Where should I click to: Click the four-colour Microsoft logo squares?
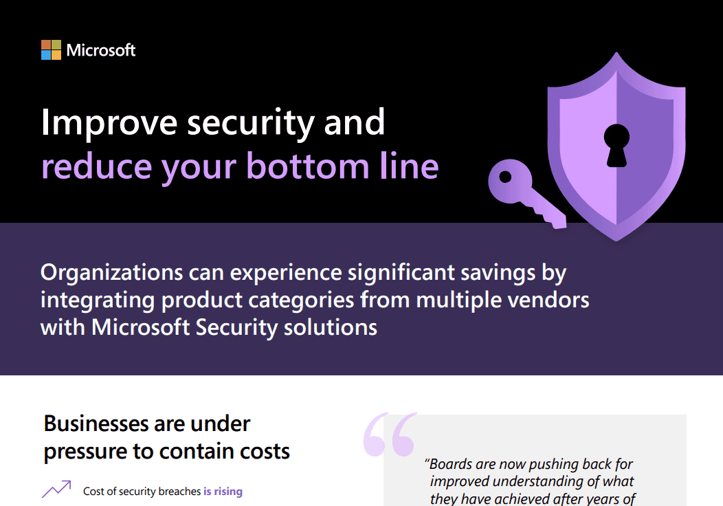(x=51, y=49)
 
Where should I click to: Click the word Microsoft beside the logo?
(x=101, y=49)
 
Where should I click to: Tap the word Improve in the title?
(x=109, y=123)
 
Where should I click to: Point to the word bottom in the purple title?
(x=308, y=166)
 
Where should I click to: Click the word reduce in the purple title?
(x=97, y=166)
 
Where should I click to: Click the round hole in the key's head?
(x=505, y=177)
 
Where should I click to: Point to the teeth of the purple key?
(x=548, y=217)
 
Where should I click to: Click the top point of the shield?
(x=616, y=52)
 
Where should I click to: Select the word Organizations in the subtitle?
(x=111, y=273)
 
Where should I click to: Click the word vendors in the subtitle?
(x=548, y=300)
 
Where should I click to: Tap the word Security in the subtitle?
(x=236, y=328)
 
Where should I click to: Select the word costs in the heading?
(x=265, y=451)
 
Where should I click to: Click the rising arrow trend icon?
(x=56, y=489)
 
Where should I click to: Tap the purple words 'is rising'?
(x=223, y=492)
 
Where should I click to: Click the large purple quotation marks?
(x=390, y=434)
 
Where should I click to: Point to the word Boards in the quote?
(x=449, y=464)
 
